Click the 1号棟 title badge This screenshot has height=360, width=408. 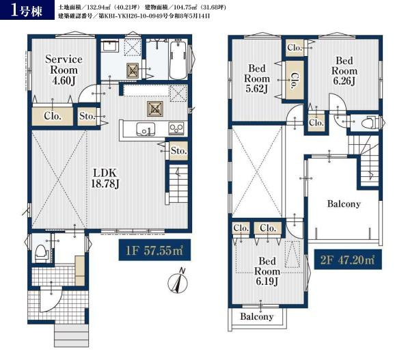(27, 10)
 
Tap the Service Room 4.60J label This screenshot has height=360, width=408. (64, 70)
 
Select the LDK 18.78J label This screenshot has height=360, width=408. (105, 178)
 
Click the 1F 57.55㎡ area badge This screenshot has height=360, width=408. (154, 250)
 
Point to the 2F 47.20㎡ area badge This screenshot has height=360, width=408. (348, 260)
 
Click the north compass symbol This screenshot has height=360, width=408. (178, 282)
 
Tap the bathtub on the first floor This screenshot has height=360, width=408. (178, 61)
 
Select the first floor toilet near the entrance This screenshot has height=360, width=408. (42, 253)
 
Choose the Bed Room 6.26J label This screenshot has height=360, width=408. (344, 71)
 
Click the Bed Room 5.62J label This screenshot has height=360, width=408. (257, 79)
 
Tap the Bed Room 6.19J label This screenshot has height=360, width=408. (267, 271)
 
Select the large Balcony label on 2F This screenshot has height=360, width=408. (344, 204)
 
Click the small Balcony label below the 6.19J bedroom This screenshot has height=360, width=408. (256, 316)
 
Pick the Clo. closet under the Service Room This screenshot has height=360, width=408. (53, 116)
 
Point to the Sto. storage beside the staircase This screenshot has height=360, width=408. (179, 150)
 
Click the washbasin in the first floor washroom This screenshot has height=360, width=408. (110, 46)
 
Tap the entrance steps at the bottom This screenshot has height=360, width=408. (71, 335)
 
